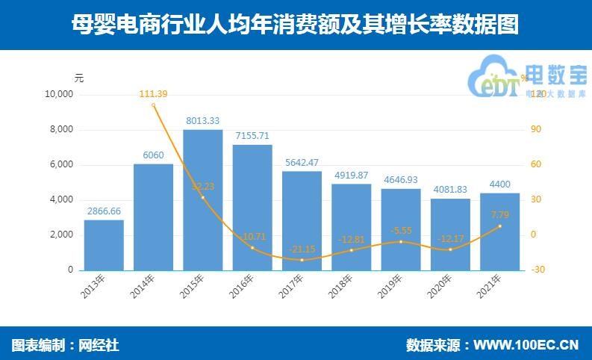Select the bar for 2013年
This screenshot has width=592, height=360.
coord(104,244)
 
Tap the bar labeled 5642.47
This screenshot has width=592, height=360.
coord(302,220)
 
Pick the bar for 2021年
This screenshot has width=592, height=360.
coord(499,232)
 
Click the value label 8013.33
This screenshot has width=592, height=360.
coord(202,120)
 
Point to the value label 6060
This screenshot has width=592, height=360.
coord(153,155)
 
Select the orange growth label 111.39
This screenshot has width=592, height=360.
coord(153,93)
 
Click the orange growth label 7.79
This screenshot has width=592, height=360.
coord(499,215)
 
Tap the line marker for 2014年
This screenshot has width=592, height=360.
coord(153,105)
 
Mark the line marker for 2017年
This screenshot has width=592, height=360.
coord(302,259)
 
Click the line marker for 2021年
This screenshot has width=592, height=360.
coord(499,226)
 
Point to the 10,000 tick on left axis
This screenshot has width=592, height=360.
coord(58,95)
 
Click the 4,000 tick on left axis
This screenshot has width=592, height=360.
coord(60,200)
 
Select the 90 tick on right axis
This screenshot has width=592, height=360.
coord(535,130)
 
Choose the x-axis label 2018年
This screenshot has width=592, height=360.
coord(343,288)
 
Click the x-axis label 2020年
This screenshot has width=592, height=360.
coord(442,288)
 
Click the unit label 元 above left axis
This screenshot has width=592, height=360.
coord(79,78)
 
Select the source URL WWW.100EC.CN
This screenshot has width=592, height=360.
coord(527,345)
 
